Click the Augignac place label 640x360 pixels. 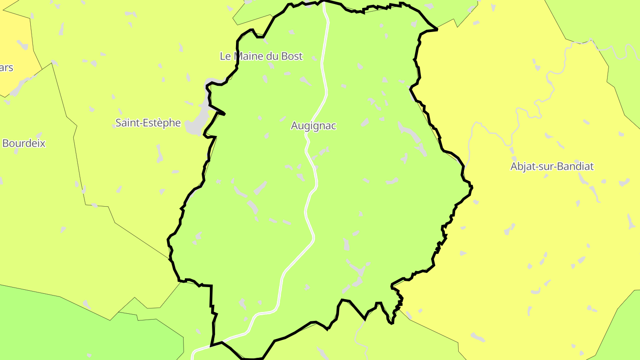coord(313,126)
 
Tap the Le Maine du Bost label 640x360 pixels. coord(261,56)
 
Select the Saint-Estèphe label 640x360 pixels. coord(148,123)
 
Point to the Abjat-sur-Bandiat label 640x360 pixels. coord(552,167)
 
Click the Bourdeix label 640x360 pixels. coord(24,144)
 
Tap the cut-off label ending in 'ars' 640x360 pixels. coord(7,68)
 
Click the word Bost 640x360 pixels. coord(292,56)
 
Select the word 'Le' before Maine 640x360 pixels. coord(225,56)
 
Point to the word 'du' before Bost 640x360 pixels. coord(273,56)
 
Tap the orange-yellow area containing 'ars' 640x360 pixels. coord(13,44)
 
